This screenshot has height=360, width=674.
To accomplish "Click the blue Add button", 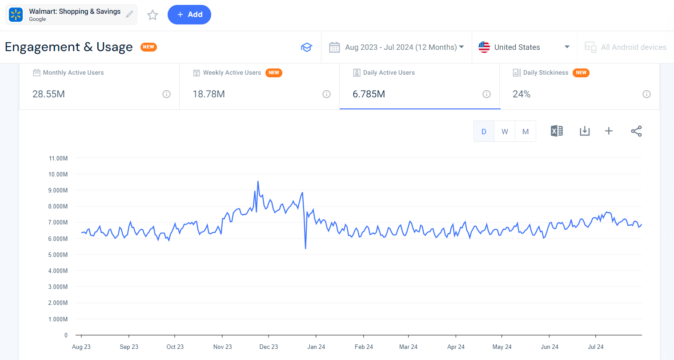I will pyautogui.click(x=189, y=15).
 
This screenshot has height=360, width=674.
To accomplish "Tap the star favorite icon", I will pyautogui.click(x=152, y=15).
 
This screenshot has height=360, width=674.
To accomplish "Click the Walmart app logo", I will pyautogui.click(x=16, y=15).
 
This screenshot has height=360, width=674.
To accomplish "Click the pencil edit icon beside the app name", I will pyautogui.click(x=129, y=14).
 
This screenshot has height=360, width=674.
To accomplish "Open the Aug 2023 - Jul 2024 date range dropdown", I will pyautogui.click(x=397, y=47).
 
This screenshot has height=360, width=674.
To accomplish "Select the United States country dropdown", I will pyautogui.click(x=524, y=47).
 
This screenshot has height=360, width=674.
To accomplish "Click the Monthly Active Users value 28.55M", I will pyautogui.click(x=48, y=94).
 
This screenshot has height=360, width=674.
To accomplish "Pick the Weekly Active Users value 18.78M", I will pyautogui.click(x=209, y=94).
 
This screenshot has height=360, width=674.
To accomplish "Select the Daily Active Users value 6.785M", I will pyautogui.click(x=369, y=94).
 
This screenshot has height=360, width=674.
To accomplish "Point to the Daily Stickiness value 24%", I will pyautogui.click(x=522, y=94).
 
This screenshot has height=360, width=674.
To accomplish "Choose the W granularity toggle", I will pyautogui.click(x=505, y=132).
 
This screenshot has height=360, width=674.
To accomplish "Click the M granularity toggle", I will pyautogui.click(x=526, y=132).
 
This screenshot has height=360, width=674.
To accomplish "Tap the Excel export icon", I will pyautogui.click(x=557, y=131).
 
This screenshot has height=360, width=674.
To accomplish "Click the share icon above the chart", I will pyautogui.click(x=636, y=131).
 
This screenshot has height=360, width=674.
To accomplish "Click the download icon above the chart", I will pyautogui.click(x=585, y=131).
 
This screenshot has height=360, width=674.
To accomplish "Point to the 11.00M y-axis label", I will pyautogui.click(x=58, y=158).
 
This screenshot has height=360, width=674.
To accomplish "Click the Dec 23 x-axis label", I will pyautogui.click(x=269, y=347).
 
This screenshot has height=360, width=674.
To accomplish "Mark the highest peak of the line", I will pyautogui.click(x=258, y=181).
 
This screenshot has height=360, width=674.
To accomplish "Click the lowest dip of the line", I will pyautogui.click(x=305, y=248).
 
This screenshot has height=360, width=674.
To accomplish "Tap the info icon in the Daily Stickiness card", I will pyautogui.click(x=646, y=94).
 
